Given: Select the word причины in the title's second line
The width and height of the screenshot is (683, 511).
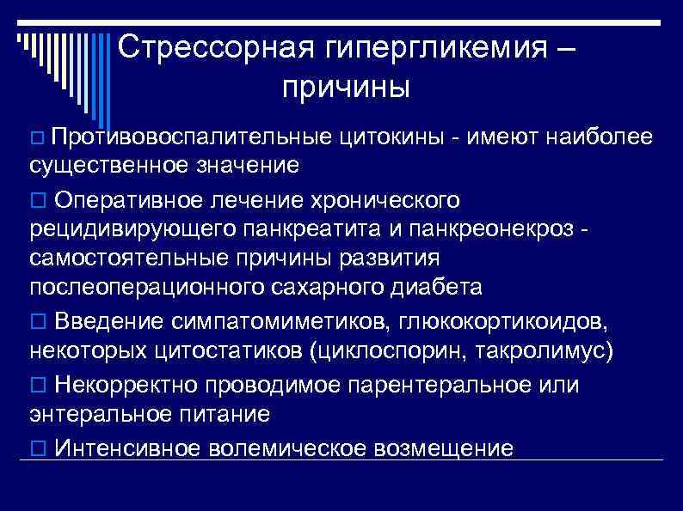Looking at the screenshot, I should (344, 87).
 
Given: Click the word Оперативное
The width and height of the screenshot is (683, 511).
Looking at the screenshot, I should (128, 200).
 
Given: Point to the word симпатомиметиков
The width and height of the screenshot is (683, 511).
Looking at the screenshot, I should (276, 321).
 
